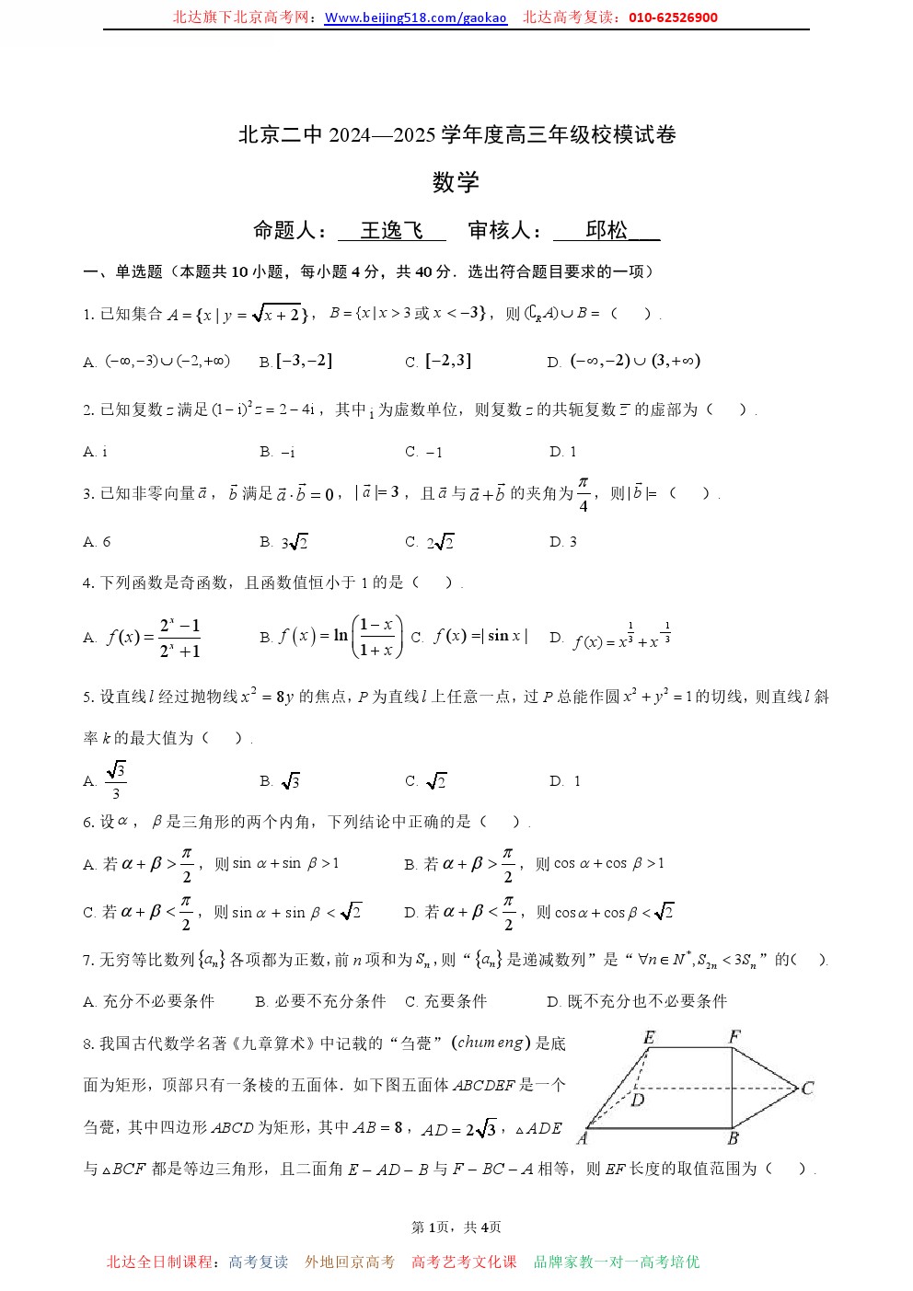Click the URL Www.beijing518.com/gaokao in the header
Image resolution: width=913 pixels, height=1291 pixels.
pos(416,17)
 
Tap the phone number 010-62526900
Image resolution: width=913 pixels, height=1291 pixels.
pos(674,17)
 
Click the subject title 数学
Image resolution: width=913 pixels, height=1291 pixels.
pos(456,182)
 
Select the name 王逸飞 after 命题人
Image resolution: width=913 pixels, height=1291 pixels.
pos(391,230)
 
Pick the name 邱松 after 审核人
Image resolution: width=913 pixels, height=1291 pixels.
pos(607,230)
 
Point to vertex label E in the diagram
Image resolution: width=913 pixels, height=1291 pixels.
pos(649,1037)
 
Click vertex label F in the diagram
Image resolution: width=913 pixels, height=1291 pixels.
pos(734,1037)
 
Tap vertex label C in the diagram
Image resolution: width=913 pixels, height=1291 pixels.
pos(807,1089)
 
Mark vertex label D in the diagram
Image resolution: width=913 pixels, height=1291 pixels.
pos(638,1100)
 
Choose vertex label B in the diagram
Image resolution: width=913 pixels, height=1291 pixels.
pos(733,1138)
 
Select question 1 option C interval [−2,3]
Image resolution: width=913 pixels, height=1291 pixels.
pos(447,361)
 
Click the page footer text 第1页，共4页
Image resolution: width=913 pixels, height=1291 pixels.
pos(456,1228)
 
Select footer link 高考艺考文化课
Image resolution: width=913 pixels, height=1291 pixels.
pos(464,1262)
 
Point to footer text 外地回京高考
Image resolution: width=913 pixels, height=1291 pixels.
pos(350,1262)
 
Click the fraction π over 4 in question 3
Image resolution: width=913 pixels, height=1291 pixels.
pos(583,494)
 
